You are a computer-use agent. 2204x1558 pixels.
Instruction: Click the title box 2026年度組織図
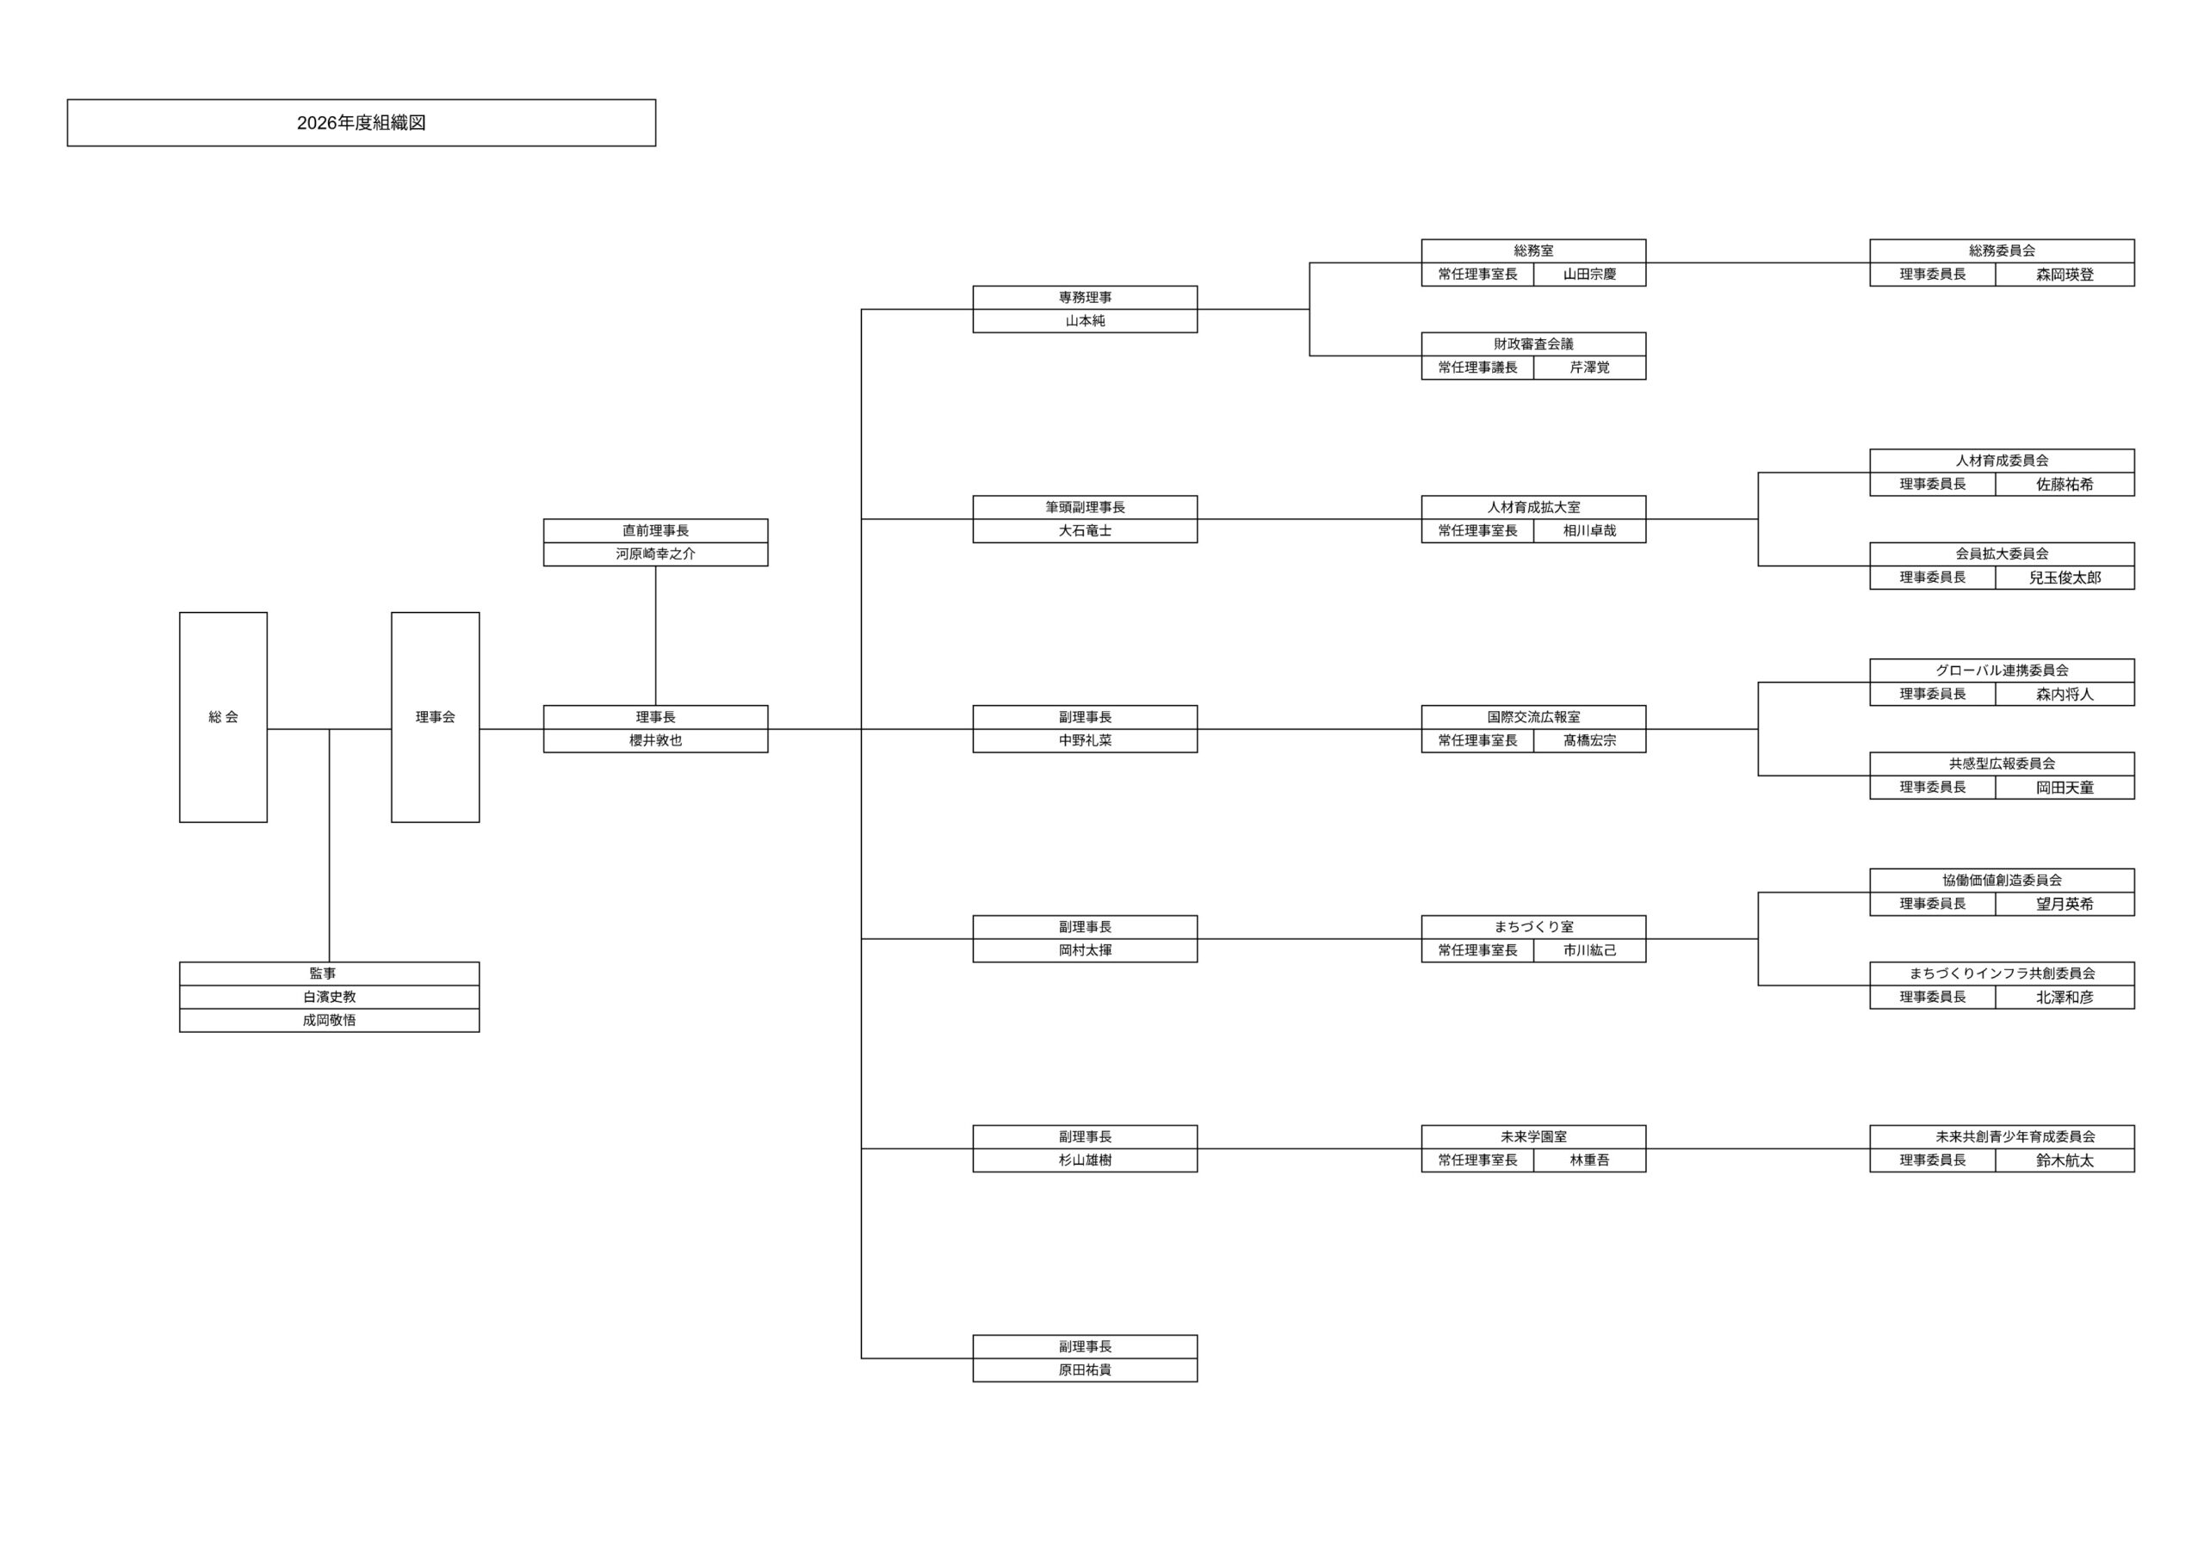(x=361, y=123)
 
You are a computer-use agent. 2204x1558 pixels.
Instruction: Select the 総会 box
(x=223, y=717)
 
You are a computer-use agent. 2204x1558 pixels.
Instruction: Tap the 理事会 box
(x=435, y=717)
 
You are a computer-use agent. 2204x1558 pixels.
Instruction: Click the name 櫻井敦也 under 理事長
(x=656, y=741)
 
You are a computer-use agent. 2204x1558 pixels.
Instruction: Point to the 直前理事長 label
(x=656, y=531)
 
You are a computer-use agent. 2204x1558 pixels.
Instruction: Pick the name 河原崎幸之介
(x=656, y=553)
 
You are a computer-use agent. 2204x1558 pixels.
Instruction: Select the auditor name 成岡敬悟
(x=329, y=1020)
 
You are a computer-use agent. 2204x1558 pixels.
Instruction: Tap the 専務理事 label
(x=1085, y=298)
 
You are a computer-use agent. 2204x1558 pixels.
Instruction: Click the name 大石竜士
(x=1085, y=531)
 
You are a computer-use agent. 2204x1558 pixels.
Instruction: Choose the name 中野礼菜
(x=1085, y=741)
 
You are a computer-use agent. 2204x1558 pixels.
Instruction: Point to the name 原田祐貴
(x=1085, y=1371)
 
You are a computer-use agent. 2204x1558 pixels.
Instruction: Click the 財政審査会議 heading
(x=1533, y=343)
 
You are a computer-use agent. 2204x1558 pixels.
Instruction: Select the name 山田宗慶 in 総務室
(x=1589, y=275)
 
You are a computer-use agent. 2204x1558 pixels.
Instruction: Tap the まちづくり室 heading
(x=1533, y=927)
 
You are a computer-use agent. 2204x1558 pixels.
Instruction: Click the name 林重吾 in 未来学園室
(x=1589, y=1160)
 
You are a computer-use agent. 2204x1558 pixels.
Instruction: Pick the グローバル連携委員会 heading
(x=2002, y=670)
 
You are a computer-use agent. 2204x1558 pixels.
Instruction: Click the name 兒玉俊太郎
(x=2065, y=578)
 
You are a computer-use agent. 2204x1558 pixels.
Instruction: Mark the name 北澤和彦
(x=2065, y=998)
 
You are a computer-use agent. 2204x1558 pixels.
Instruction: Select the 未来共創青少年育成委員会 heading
(x=2002, y=1136)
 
